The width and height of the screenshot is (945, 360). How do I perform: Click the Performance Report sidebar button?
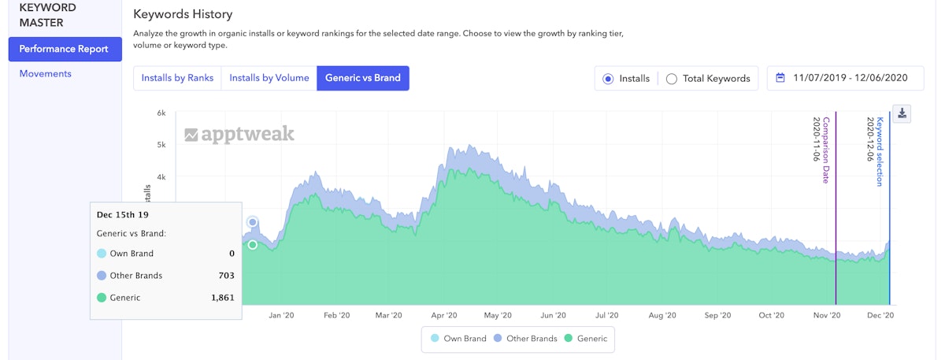pos(65,49)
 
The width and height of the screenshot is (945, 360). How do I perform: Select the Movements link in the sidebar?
pos(46,74)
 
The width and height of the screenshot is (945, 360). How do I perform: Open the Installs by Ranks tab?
pos(177,78)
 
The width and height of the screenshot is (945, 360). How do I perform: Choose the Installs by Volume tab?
pos(269,78)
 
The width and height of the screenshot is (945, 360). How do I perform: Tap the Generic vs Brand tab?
pos(362,78)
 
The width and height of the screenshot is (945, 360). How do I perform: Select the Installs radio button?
pos(608,79)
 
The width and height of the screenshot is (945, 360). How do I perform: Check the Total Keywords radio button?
pos(672,79)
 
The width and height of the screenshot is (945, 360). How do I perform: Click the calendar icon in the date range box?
pos(780,78)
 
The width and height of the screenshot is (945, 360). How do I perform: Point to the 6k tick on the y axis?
pos(161,113)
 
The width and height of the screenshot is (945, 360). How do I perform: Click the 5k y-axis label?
pos(161,145)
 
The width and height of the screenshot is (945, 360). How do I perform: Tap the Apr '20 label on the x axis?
pos(445,315)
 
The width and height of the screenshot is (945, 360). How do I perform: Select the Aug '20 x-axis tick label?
pos(662,315)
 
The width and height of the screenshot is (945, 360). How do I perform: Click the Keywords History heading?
pos(183,14)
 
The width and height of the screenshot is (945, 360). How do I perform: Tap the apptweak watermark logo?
pos(239,134)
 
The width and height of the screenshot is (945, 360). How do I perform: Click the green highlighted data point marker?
pos(253,245)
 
